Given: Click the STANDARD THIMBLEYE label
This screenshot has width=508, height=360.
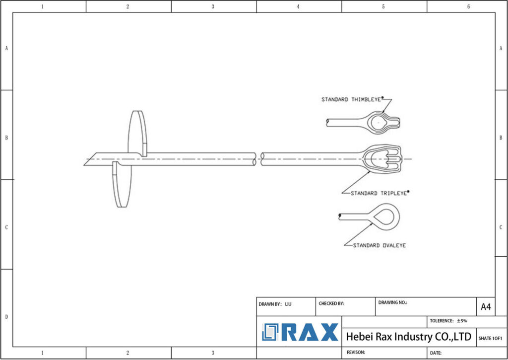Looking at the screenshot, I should tap(351, 100).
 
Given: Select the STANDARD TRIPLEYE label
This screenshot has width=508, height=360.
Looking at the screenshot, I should tap(380, 193).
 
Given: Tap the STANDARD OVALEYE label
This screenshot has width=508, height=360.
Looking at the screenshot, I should tap(379, 245).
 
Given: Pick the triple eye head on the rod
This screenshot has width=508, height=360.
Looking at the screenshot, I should tap(382, 159).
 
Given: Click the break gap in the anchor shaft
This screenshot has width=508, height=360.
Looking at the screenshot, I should tap(258, 159).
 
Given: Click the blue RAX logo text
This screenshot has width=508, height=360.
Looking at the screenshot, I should tap(310, 332).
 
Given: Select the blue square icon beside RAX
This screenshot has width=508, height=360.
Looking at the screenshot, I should tap(271, 332).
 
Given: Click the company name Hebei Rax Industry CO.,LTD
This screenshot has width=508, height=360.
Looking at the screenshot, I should tap(408, 337).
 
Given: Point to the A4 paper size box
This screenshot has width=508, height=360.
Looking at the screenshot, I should tap(486, 307).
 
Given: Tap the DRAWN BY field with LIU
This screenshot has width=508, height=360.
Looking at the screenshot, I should tap(286, 304).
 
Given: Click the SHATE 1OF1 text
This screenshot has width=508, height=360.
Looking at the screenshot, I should tap(490, 338).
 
